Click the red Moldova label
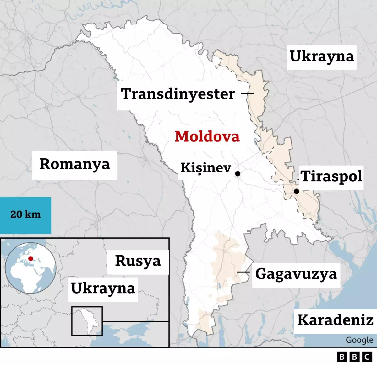[207, 137]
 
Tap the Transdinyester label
[178, 94]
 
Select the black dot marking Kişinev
[238, 173]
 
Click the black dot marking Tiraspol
[296, 191]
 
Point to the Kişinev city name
[206, 168]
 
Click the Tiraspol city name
[331, 177]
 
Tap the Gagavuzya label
[296, 274]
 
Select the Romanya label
[74, 164]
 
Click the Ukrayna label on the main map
[321, 57]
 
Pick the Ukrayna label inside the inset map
[103, 288]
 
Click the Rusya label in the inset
[138, 261]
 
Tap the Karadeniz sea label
[335, 320]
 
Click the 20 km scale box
[25, 215]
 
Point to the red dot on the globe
[30, 259]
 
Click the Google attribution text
[359, 340]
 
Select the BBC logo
[354, 357]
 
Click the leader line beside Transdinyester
[247, 93]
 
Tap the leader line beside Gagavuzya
[243, 272]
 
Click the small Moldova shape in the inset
[89, 320]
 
